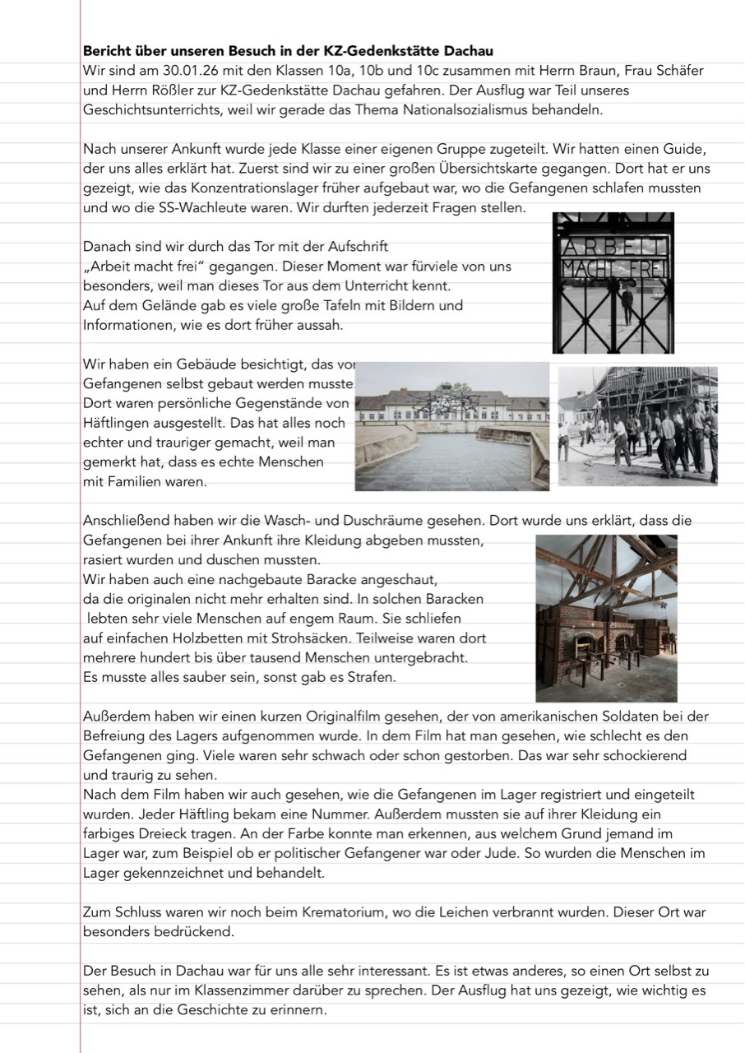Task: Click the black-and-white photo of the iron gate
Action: tap(613, 283)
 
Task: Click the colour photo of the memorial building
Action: tap(451, 426)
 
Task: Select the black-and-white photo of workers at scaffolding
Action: tap(637, 425)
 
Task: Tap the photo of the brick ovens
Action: tap(606, 618)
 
